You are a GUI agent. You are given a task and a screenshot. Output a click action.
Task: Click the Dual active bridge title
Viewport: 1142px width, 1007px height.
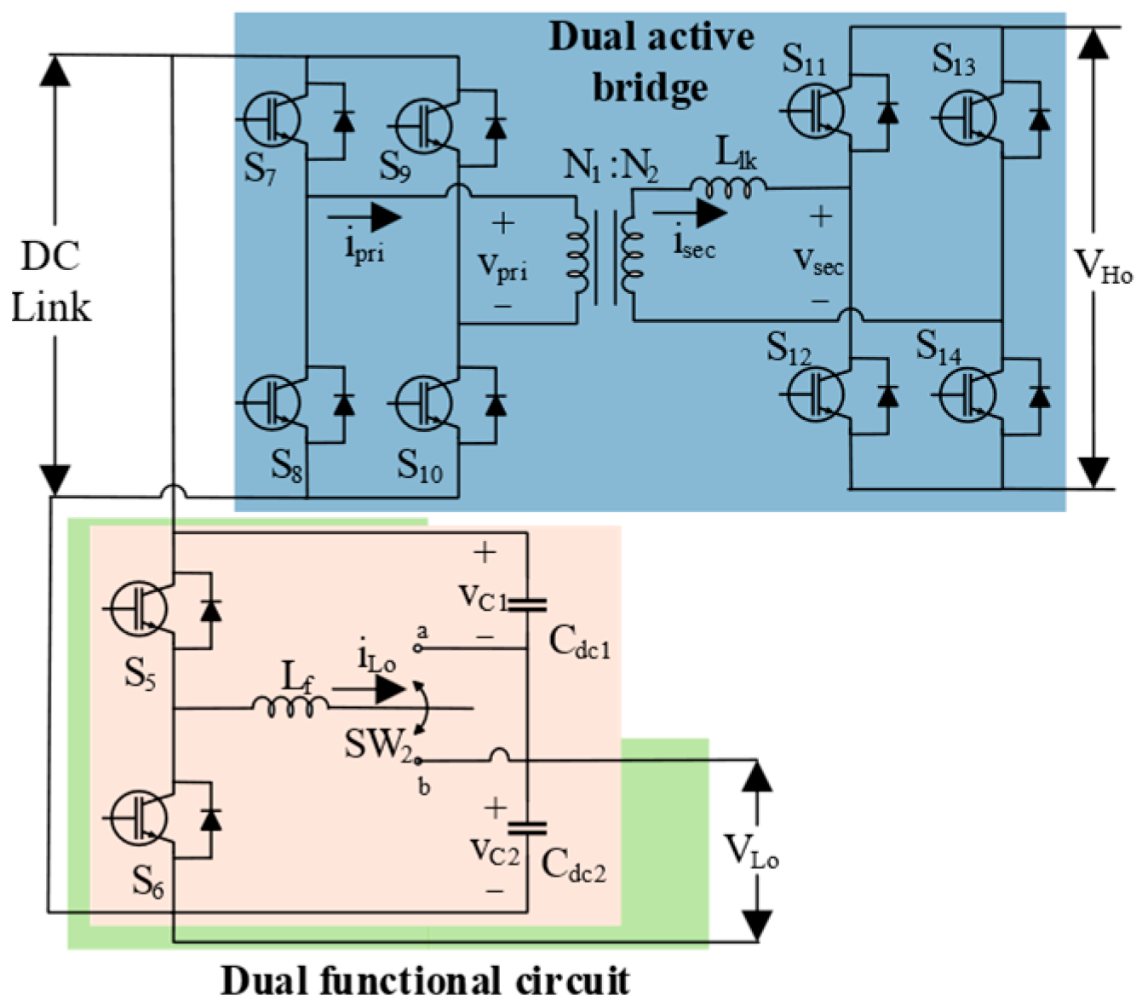(x=651, y=62)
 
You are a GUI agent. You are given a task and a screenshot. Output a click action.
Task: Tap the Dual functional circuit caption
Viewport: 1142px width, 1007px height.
(x=425, y=981)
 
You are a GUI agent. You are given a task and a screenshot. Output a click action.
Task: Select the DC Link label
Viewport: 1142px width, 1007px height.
(x=51, y=282)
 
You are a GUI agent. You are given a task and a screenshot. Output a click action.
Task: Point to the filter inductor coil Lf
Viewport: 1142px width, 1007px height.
(x=290, y=707)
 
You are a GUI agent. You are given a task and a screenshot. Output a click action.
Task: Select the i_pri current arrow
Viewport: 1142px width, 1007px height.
(x=364, y=217)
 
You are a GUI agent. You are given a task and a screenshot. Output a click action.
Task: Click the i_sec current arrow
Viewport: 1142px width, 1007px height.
(x=690, y=214)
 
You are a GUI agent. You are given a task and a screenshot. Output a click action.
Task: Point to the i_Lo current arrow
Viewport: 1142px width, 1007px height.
(x=370, y=689)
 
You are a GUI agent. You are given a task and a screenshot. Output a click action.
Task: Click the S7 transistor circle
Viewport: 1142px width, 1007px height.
(x=273, y=120)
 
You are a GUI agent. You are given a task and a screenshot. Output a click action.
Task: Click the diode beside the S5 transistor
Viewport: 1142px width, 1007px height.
(x=211, y=610)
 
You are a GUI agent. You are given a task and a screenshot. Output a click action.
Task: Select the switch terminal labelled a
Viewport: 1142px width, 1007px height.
(x=417, y=649)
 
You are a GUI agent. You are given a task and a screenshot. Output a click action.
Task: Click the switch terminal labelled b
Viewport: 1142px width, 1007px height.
(x=417, y=761)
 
